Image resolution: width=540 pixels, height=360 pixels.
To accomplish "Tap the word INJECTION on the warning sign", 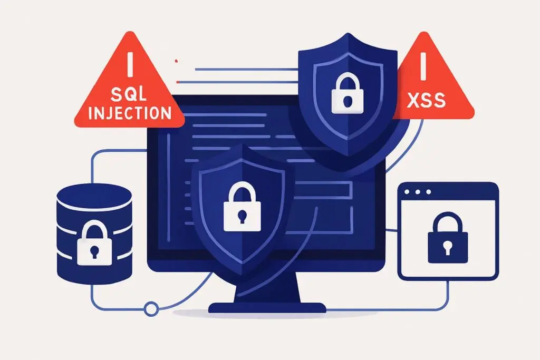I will click(x=130, y=113).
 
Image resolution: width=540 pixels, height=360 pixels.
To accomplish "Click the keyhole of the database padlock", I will click(x=93, y=250).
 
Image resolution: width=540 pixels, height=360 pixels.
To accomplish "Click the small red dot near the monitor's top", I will click(x=176, y=61).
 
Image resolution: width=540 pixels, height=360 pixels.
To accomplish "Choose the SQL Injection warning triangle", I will click(x=129, y=87).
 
